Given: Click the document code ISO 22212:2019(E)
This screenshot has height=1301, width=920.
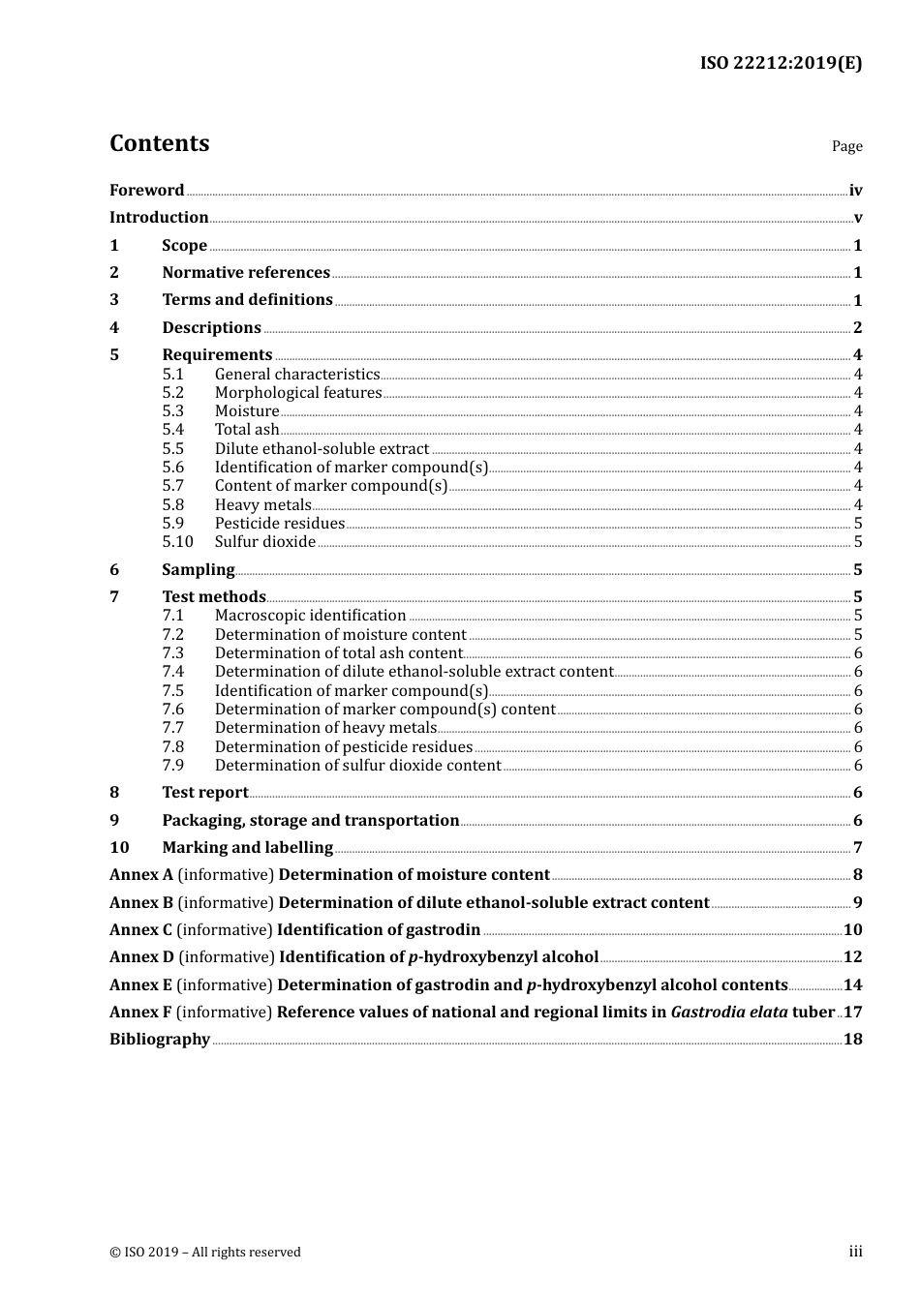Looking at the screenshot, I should (781, 63).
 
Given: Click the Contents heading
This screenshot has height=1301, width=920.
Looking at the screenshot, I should (159, 143).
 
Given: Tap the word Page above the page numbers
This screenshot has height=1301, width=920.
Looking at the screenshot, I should (846, 146).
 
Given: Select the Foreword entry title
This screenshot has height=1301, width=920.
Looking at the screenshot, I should (146, 190).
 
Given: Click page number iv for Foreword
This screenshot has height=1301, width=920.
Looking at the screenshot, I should (855, 191).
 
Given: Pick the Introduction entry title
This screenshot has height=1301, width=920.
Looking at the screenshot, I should (159, 218).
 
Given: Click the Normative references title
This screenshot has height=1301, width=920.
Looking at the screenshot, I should (246, 273).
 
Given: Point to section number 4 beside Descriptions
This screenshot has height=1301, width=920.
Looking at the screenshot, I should (114, 328).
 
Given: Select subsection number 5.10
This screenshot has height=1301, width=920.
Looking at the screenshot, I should (177, 542).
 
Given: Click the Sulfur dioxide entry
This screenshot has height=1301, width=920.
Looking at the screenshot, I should (264, 542).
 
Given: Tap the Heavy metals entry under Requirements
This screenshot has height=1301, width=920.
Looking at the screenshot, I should (262, 504).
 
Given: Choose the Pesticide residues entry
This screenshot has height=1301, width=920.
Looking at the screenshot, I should (279, 524).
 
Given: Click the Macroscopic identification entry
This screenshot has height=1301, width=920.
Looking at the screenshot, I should (310, 616).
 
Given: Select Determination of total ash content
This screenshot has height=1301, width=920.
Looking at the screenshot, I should (338, 653).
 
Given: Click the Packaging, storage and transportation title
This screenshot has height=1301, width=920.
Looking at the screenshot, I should (310, 821).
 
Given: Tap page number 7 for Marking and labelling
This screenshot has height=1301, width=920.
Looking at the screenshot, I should (857, 848).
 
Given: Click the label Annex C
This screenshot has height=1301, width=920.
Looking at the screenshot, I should (140, 930).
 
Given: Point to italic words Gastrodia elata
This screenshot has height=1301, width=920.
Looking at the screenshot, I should (729, 1013).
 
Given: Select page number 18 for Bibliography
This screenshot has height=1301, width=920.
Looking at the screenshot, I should (852, 1040).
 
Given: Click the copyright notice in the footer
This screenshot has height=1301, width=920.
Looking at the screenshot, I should (205, 1253).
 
